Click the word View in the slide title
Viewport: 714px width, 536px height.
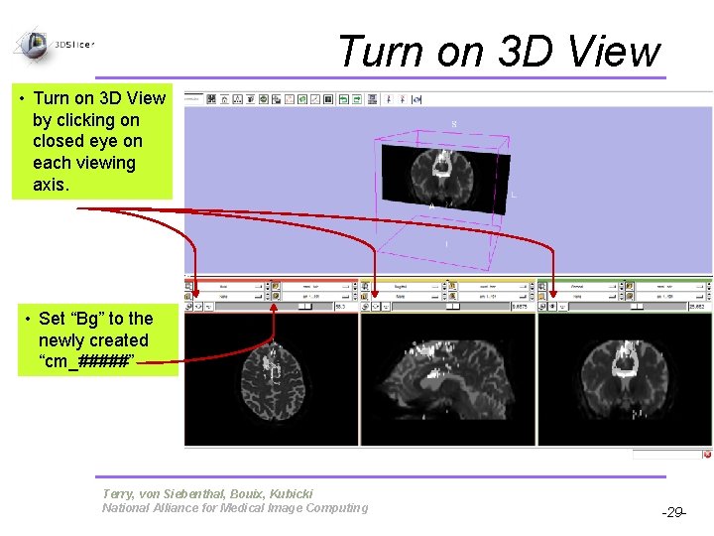click(606, 52)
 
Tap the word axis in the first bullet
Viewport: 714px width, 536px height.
click(53, 185)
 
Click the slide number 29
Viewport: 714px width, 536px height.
click(673, 513)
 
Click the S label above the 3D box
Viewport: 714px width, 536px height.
click(454, 124)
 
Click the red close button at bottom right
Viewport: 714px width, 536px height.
click(707, 455)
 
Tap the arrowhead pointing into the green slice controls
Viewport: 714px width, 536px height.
click(552, 292)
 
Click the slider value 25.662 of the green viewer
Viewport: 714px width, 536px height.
click(693, 307)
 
